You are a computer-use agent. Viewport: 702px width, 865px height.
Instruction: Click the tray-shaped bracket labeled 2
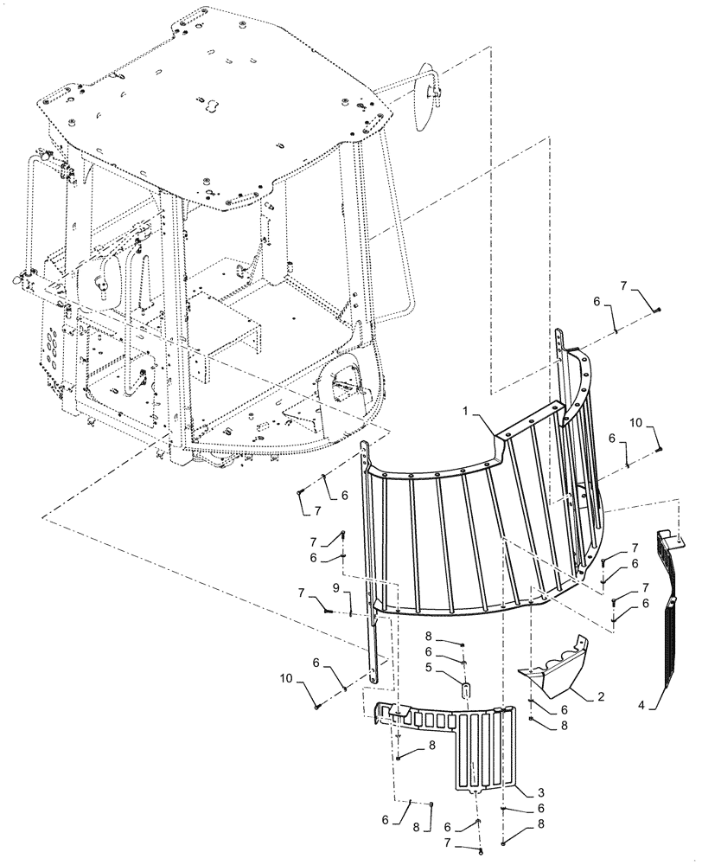553,670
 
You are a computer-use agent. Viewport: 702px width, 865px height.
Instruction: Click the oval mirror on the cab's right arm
426,97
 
